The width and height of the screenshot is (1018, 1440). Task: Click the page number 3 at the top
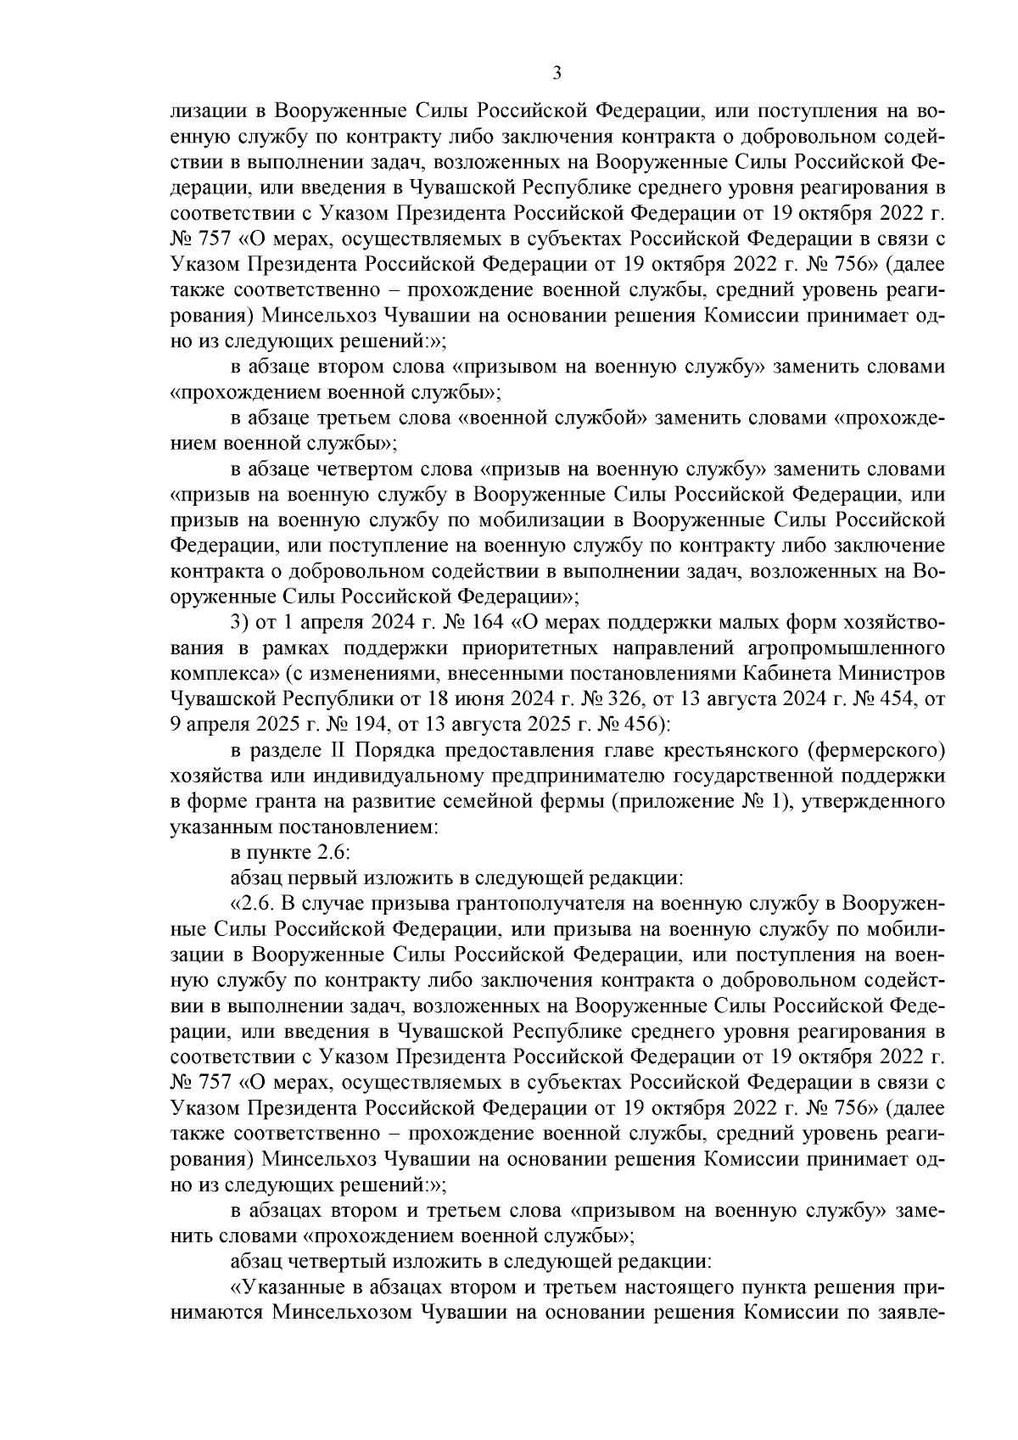557,73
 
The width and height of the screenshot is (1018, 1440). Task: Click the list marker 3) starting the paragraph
240,624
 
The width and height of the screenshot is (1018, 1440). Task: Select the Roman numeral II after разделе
335,750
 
